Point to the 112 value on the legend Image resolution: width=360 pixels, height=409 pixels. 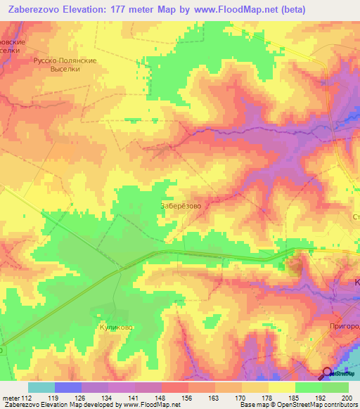[x=27, y=398]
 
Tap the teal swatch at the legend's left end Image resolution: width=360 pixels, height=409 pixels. [x=41, y=387]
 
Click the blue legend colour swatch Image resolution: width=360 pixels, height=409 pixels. [x=67, y=387]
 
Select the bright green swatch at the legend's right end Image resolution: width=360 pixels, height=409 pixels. [x=335, y=387]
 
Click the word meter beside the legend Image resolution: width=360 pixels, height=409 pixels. [x=10, y=398]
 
